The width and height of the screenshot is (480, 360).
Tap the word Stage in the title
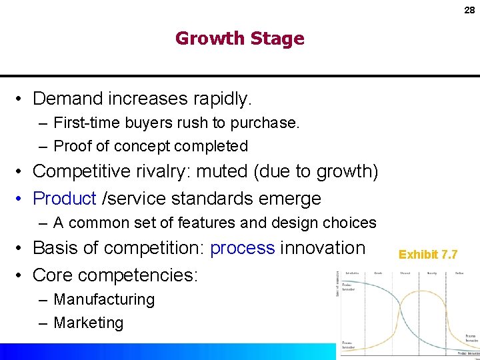tap(279, 39)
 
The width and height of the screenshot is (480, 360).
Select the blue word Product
tap(65, 198)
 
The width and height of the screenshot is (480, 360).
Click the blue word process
tap(242, 248)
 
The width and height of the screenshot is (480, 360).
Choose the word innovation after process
tap(323, 248)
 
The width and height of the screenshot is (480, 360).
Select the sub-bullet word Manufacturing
tap(104, 300)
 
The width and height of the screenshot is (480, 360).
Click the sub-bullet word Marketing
tap(89, 323)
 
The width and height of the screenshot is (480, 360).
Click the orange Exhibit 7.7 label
tap(428, 254)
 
